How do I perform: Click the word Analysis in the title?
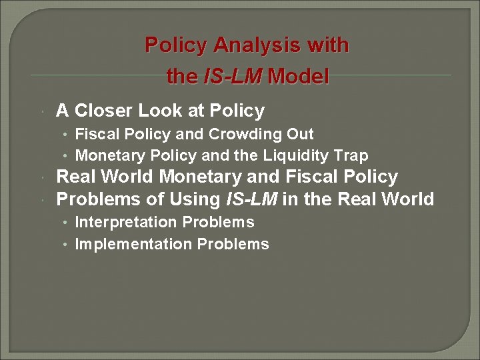(257, 45)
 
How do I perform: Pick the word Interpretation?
(127, 222)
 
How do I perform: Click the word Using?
(193, 199)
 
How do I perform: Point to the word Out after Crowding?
(300, 134)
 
